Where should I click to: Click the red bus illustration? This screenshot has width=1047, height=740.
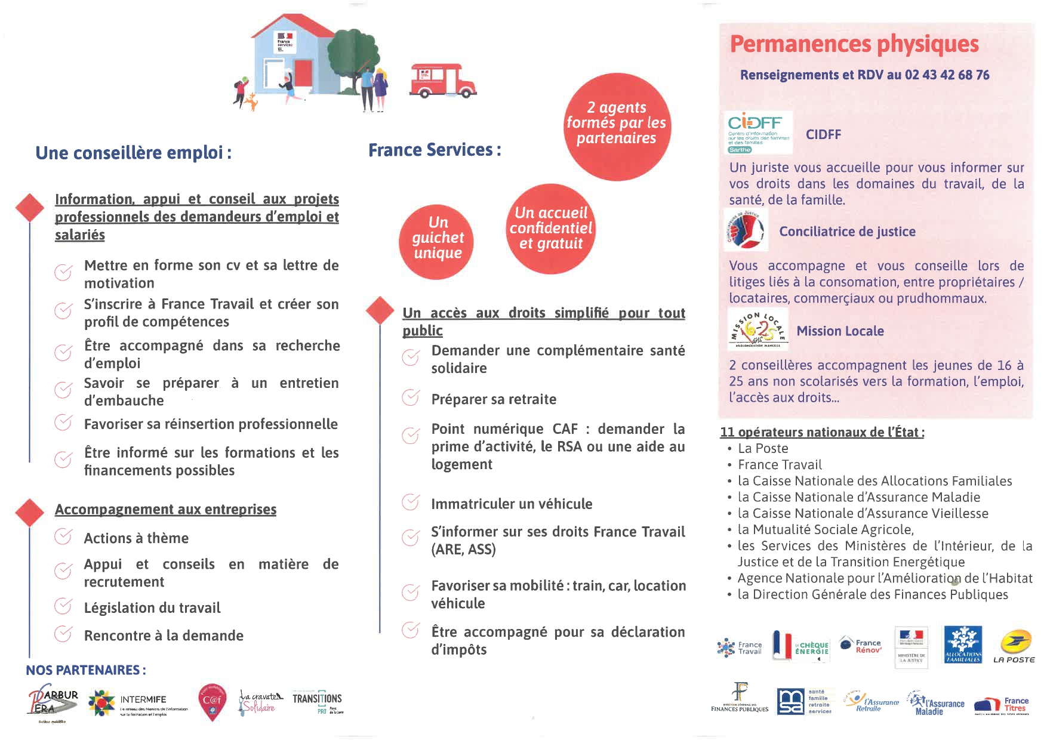coord(443,81)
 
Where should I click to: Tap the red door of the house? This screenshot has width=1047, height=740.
coord(305,74)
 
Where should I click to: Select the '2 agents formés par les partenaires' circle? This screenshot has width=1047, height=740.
coord(617,124)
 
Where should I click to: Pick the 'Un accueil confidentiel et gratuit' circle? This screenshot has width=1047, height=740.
coord(551,229)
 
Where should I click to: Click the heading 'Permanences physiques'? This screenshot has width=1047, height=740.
coord(854,44)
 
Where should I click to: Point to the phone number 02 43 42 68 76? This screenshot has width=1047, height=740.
coord(947,75)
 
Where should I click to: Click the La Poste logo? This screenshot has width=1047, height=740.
coord(1014,647)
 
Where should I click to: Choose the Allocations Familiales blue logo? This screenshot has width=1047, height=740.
coord(962,645)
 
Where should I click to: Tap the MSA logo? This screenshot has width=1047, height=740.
coord(790,701)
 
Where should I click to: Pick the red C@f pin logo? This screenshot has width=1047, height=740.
coord(212,701)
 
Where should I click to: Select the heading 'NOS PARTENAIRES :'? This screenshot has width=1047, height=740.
coord(86,670)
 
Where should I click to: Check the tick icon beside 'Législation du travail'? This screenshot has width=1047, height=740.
coord(63,606)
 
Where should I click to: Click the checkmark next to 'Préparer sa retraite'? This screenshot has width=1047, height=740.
coord(410,397)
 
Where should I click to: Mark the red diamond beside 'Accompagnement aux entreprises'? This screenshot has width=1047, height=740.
coord(30,513)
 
